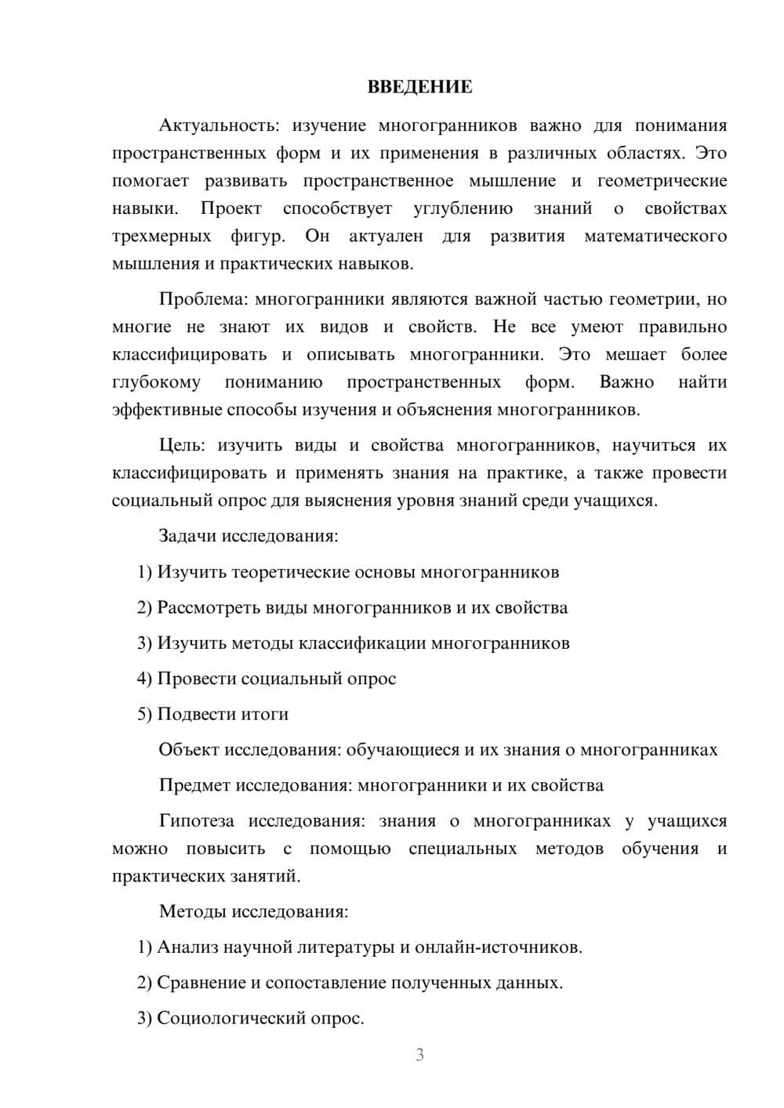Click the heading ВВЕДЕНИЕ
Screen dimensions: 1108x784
point(419,87)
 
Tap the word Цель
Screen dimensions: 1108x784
point(182,446)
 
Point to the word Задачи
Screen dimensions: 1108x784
point(187,537)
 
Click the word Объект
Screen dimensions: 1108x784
point(189,750)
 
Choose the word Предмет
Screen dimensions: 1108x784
point(194,785)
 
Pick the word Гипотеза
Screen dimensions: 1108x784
point(196,821)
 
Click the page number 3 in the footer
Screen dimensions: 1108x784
point(419,1055)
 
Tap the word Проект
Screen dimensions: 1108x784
point(231,208)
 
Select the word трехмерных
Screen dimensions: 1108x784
point(162,237)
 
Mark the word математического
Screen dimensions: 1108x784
point(655,237)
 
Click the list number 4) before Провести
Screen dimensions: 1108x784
point(144,679)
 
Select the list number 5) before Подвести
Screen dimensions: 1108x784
point(144,715)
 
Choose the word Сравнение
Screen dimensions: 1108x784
point(201,983)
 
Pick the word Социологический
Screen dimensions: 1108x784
point(232,1019)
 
